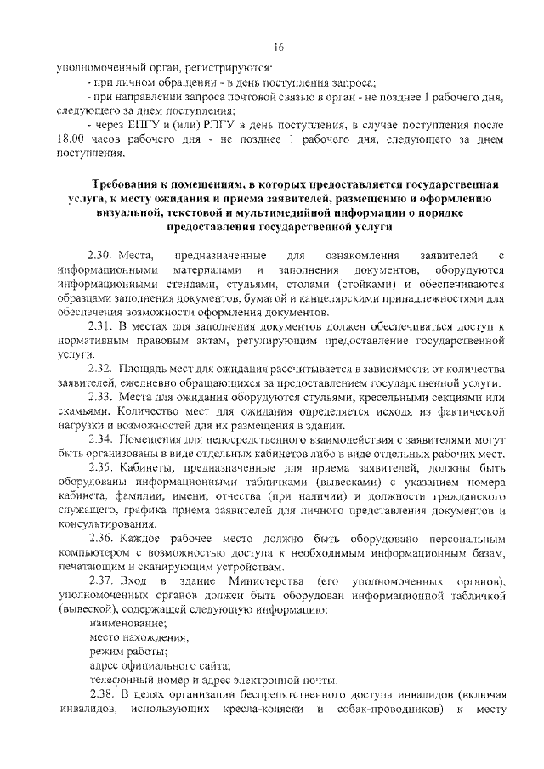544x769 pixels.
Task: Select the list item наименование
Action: [x=127, y=623]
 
